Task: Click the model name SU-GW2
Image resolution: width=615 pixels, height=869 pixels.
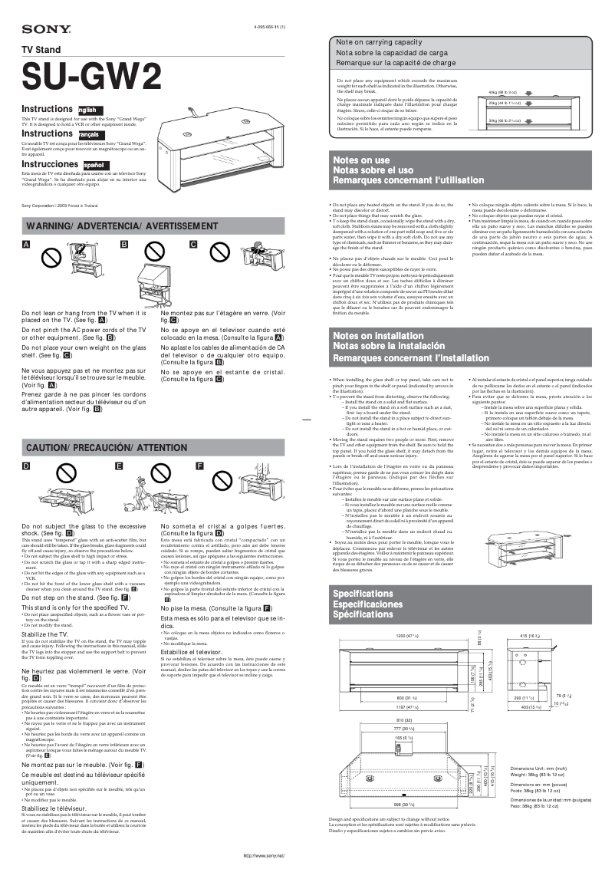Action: click(x=91, y=77)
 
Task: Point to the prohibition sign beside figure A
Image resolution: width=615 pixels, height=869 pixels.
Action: click(x=51, y=258)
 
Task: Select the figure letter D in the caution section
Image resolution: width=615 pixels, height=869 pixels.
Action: click(x=26, y=466)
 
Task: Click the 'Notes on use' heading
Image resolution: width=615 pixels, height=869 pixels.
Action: click(x=361, y=160)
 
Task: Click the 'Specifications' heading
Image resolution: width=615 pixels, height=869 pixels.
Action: click(x=363, y=594)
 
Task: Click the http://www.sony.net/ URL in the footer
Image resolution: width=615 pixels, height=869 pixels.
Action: click(x=264, y=855)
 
